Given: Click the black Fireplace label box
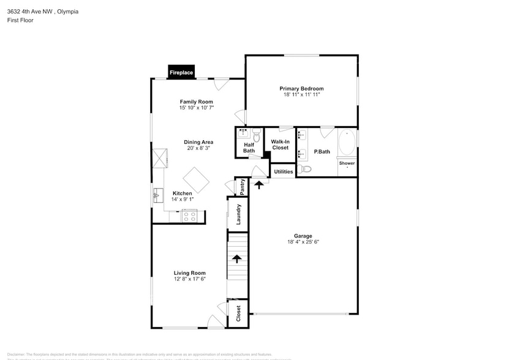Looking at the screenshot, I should point(181,73).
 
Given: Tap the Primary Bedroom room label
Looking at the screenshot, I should point(301,89).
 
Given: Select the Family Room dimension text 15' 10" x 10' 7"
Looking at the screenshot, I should point(196,108).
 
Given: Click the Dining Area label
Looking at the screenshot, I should point(198,142).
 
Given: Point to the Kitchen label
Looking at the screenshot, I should point(182,193).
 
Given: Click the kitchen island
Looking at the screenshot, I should point(197,180).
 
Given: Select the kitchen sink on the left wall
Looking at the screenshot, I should point(157,196).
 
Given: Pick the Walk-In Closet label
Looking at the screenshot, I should point(280,144).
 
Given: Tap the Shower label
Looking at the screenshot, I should point(347,163).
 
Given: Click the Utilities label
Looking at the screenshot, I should point(283,171).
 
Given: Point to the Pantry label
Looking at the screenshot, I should point(242,186).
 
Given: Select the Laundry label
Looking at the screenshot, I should point(238,214).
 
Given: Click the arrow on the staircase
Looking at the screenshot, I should point(237,258).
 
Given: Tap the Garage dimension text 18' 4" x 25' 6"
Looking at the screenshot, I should point(303,242).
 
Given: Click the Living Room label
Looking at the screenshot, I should point(189,273).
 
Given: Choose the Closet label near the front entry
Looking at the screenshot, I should point(238,313).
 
